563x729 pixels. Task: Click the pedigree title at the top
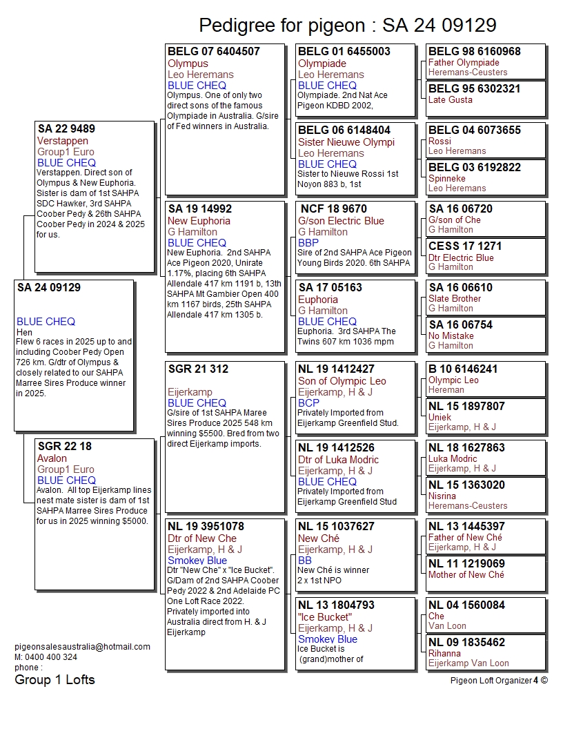[347, 26]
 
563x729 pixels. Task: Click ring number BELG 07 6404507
[214, 52]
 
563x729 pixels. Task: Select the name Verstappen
[63, 141]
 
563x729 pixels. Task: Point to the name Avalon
[52, 458]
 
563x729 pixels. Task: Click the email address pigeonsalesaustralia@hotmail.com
[82, 647]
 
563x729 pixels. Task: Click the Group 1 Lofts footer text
[55, 680]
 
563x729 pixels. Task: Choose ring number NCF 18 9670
[334, 209]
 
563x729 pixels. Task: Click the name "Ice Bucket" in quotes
[325, 617]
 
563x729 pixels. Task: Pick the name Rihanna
[444, 653]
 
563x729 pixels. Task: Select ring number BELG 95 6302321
[475, 89]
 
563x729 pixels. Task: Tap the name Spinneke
[447, 178]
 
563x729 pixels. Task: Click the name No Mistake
[451, 336]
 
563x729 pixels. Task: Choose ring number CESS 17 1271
[465, 246]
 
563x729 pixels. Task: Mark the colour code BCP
[308, 403]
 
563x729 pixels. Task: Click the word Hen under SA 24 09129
[24, 332]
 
